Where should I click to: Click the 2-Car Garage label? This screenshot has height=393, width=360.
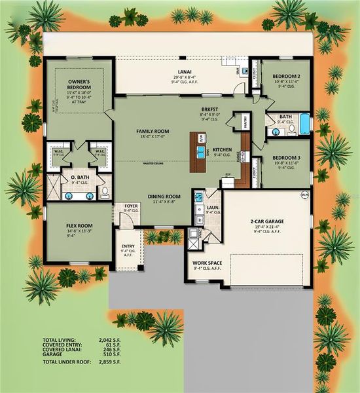coord(267,222)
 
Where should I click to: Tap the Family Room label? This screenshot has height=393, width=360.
coord(153,132)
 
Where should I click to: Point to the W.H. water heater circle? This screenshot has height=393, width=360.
coord(304,195)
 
